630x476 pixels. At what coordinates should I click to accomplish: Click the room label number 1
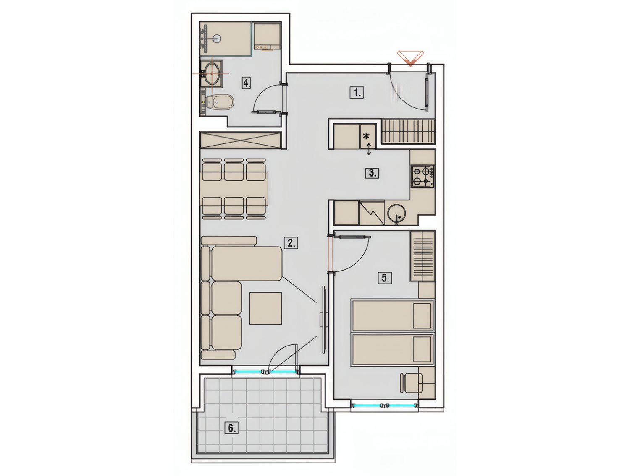click(357, 93)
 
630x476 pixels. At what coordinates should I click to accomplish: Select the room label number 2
click(291, 243)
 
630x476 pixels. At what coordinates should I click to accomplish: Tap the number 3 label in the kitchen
click(372, 173)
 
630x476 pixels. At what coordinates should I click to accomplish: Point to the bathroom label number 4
click(247, 83)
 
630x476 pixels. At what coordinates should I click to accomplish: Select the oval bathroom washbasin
click(212, 73)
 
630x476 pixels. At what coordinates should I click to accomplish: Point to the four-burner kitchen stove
click(423, 177)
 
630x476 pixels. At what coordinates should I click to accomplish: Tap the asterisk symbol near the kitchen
click(366, 136)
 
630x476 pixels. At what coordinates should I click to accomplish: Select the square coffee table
click(265, 308)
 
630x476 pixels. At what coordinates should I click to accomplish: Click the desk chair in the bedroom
click(411, 383)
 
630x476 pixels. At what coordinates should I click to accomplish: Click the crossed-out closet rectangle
click(240, 140)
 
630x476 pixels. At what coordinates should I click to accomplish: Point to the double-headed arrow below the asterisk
click(369, 149)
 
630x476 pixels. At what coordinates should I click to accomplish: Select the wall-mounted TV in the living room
click(323, 323)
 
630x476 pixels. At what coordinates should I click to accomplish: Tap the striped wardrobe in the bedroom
click(423, 256)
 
